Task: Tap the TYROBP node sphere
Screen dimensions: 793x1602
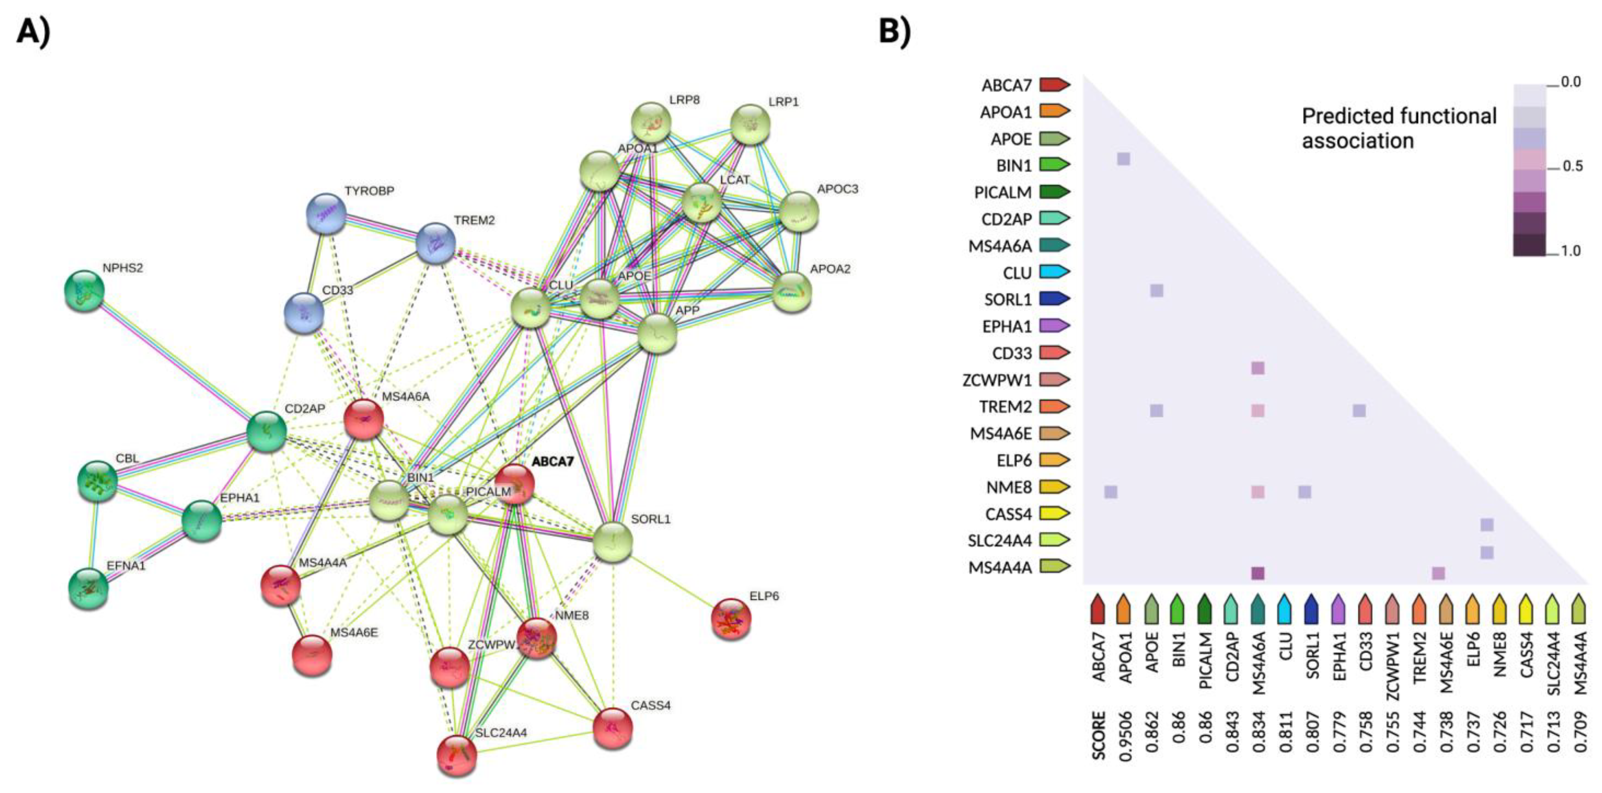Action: tap(326, 214)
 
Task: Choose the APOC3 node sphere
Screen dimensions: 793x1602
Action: tap(799, 211)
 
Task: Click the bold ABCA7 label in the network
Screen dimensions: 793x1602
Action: tap(552, 462)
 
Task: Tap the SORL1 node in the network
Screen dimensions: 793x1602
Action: tap(613, 542)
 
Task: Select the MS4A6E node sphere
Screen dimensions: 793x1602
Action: tap(312, 655)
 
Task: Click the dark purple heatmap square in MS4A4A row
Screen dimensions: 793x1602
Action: tap(1258, 574)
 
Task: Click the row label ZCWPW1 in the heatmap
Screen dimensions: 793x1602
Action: tap(997, 380)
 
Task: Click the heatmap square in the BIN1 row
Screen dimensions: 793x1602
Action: tap(1123, 159)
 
